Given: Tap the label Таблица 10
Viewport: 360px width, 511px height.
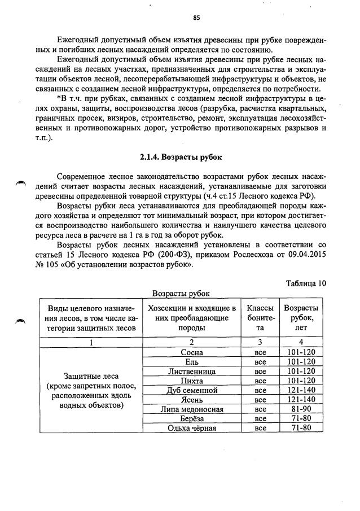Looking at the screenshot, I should (305, 283).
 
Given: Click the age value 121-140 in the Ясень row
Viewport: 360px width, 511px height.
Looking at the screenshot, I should (301, 400).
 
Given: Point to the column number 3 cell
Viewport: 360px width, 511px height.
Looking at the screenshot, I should (260, 342).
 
